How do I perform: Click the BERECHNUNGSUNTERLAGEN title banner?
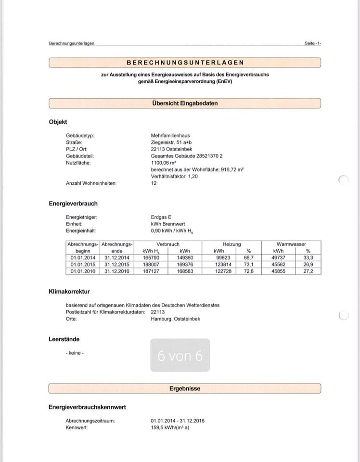[x=185, y=63]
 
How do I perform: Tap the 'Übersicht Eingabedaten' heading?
[x=185, y=103]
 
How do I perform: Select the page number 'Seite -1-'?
[x=312, y=43]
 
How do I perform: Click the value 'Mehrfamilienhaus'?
[x=170, y=136]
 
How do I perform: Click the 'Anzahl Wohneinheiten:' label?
[x=91, y=183]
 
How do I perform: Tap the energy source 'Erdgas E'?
[x=161, y=217]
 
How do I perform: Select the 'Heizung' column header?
[x=231, y=244]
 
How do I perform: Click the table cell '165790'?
[x=152, y=257]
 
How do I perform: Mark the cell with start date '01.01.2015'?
[x=83, y=264]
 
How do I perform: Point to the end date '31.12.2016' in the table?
[x=117, y=271]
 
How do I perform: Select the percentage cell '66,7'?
[x=248, y=257]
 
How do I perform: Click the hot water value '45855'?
[x=278, y=271]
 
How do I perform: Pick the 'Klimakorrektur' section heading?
[x=69, y=292]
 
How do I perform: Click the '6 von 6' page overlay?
[x=180, y=356]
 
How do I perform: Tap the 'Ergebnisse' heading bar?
[x=185, y=388]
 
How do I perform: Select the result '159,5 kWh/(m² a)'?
[x=170, y=427]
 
